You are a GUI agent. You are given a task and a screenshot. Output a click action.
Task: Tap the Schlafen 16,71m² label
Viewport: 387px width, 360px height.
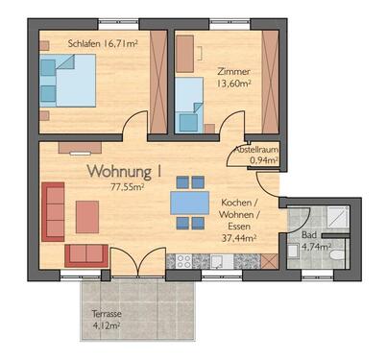(103, 43)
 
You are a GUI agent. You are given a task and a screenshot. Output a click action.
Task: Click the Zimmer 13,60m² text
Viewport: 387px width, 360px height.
(234, 77)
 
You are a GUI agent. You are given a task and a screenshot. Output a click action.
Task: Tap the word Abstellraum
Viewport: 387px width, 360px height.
(256, 151)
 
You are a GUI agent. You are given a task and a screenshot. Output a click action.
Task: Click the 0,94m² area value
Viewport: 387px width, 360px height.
(256, 161)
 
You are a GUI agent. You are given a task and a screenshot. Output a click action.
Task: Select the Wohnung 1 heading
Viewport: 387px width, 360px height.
(124, 172)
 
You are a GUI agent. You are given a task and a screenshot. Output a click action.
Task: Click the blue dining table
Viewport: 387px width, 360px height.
(190, 203)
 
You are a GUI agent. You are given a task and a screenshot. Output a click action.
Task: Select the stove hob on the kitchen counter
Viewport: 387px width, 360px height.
(180, 261)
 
